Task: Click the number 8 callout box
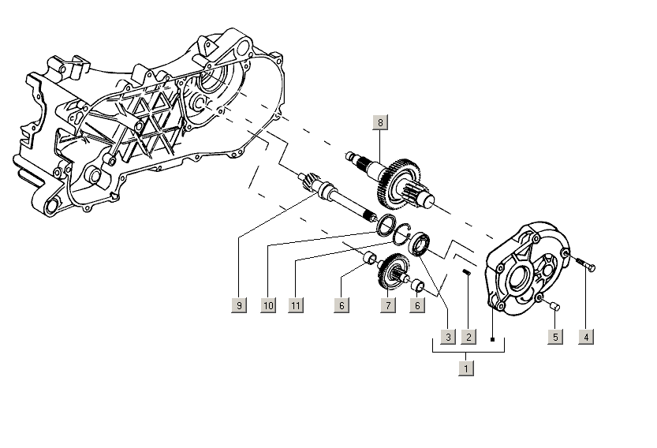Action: (x=380, y=122)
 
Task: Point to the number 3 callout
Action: (x=447, y=337)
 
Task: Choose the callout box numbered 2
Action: (x=468, y=337)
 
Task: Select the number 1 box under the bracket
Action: (x=467, y=368)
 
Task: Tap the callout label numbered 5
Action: (x=556, y=337)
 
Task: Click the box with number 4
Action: (x=585, y=337)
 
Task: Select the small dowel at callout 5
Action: (x=555, y=305)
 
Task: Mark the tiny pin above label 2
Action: (x=467, y=274)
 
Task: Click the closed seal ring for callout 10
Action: (x=386, y=224)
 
